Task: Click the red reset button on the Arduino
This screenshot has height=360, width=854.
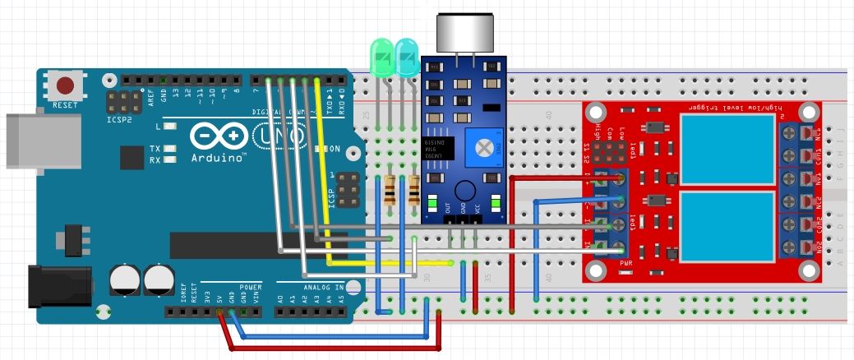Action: (x=64, y=85)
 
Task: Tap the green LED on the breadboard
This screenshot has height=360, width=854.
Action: (x=381, y=58)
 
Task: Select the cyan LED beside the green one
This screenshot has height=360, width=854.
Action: (x=406, y=58)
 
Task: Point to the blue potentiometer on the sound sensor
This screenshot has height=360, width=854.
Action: (x=485, y=147)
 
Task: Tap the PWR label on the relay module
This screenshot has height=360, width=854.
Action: (x=625, y=263)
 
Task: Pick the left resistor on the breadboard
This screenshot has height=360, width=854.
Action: (x=390, y=190)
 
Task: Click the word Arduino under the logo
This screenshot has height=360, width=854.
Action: (x=218, y=157)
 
